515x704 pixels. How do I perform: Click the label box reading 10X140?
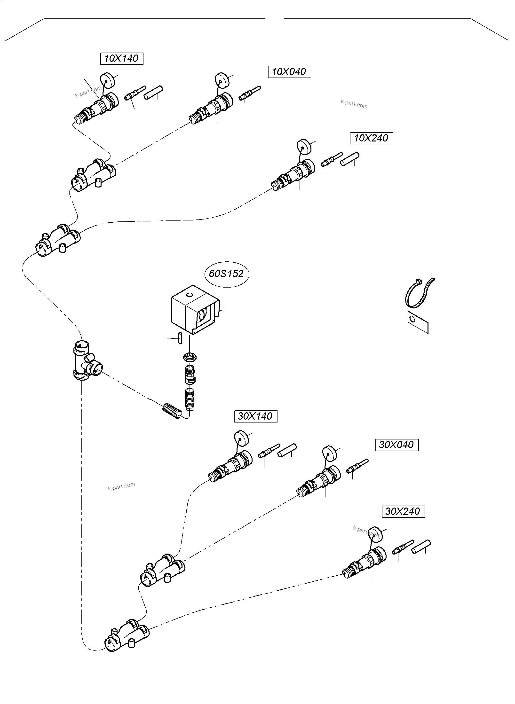pyautogui.click(x=122, y=58)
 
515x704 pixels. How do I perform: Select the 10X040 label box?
pyautogui.click(x=289, y=72)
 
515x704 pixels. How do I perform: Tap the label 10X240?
pyautogui.click(x=371, y=138)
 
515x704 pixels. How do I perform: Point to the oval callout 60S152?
pyautogui.click(x=226, y=274)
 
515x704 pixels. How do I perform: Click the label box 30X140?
pyautogui.click(x=255, y=416)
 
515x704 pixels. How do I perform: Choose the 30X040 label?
pyautogui.click(x=396, y=445)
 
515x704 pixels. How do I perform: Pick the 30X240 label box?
pyautogui.click(x=403, y=511)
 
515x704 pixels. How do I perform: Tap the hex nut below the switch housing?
pyautogui.click(x=189, y=357)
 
